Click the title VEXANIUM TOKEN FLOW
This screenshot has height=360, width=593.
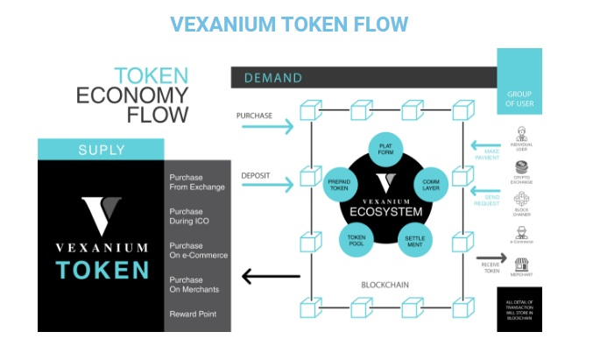(289, 24)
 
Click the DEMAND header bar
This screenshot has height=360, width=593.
(363, 78)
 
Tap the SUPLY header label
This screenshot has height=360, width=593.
(101, 149)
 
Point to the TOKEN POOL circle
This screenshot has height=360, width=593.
(357, 238)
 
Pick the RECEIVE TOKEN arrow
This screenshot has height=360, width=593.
(491, 259)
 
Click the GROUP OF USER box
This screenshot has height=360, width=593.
(519, 99)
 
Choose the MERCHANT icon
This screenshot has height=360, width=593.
(520, 265)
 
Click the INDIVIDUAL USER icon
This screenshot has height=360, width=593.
(520, 136)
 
